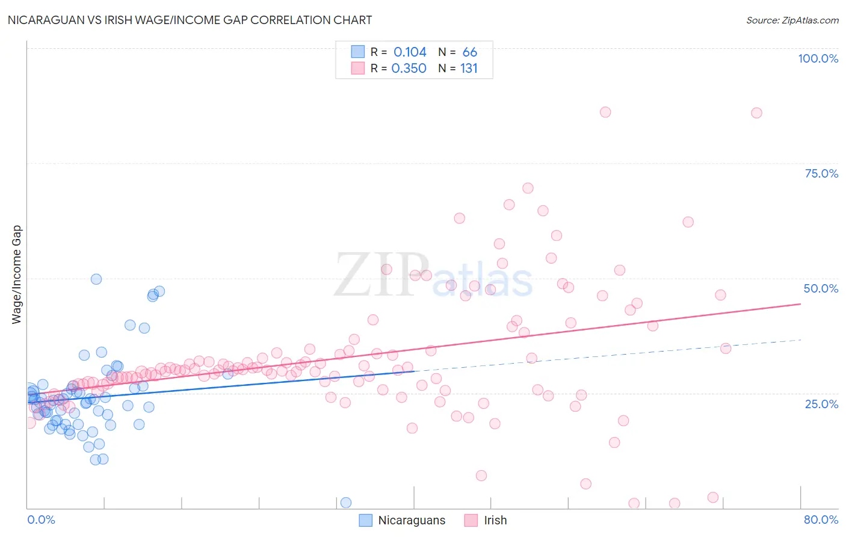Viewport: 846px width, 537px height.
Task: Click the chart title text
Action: tap(190, 20)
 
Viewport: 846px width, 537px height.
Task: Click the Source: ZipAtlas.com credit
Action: tap(792, 20)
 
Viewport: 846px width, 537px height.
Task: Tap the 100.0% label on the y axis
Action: tap(818, 58)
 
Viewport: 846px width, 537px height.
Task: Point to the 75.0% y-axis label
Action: tap(821, 173)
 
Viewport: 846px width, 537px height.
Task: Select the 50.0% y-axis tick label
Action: tap(821, 288)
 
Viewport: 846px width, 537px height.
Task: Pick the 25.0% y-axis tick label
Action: tap(821, 403)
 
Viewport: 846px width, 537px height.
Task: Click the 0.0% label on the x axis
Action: tap(41, 520)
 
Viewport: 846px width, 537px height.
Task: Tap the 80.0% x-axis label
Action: tap(821, 520)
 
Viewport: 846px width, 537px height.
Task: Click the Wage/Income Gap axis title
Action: tap(17, 275)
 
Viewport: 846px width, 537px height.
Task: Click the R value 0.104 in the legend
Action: tap(410, 52)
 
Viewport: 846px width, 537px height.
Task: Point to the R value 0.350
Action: tap(409, 69)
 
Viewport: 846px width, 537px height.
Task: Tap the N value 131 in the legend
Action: tap(469, 69)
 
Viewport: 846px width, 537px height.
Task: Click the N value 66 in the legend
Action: tap(469, 52)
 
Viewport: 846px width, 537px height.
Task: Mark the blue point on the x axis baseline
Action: tap(346, 503)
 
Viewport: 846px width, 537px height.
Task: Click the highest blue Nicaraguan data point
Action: tap(96, 279)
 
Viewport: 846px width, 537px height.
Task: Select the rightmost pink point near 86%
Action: tap(756, 113)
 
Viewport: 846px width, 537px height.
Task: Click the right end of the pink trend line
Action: tap(800, 304)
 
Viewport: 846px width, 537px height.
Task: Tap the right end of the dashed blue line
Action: tap(800, 340)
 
